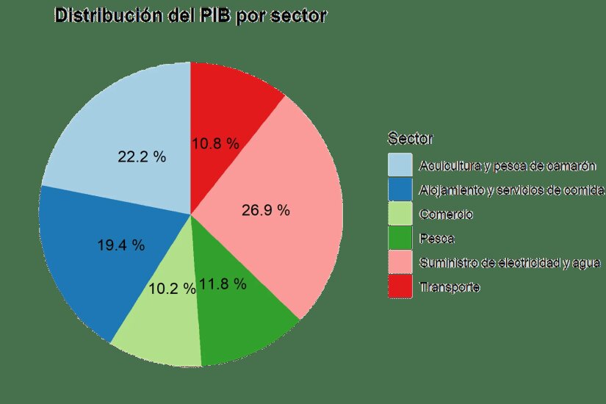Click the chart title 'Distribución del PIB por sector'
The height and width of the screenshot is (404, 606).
[190, 15]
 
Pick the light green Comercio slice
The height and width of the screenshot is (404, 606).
[158, 331]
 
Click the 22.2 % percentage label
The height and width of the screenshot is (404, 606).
[142, 156]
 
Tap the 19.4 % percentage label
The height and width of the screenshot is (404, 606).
[121, 245]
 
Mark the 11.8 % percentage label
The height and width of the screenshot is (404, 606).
[222, 284]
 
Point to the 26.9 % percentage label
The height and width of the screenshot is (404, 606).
[265, 211]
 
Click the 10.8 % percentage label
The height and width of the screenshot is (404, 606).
[215, 145]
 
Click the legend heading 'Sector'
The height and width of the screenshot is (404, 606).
[410, 138]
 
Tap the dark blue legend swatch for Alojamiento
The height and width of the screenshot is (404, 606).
[400, 190]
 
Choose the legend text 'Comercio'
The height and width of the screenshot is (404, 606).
[446, 214]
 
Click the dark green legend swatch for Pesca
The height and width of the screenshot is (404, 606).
[400, 239]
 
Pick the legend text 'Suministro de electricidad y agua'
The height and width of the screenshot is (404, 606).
[510, 263]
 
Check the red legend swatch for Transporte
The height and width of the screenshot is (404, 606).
[400, 287]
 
